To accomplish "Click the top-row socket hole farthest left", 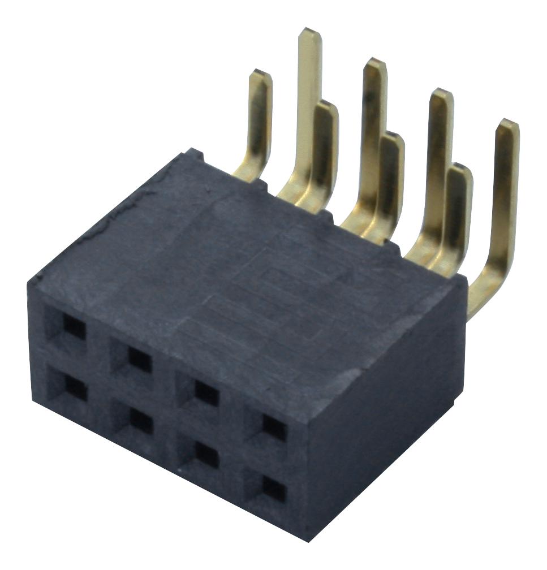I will click(74, 327).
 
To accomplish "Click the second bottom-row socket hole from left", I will click(141, 421).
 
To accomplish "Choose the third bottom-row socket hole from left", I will click(208, 455).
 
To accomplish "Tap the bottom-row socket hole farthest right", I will click(274, 487).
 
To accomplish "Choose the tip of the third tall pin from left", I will click(441, 94).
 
